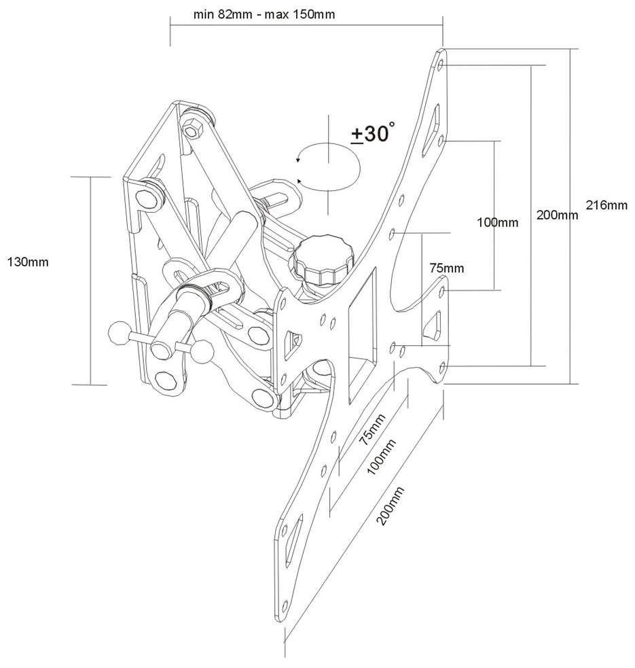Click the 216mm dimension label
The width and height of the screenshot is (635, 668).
click(606, 205)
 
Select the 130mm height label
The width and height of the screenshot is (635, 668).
click(28, 262)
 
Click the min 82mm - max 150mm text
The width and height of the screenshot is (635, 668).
click(264, 14)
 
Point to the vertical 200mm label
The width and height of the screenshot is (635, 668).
click(557, 215)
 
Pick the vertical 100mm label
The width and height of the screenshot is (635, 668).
click(497, 222)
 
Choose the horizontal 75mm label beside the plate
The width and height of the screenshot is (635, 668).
click(447, 268)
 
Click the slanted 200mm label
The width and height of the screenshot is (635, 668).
click(390, 506)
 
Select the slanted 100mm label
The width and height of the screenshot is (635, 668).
click(381, 457)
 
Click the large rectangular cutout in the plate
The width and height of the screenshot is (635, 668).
click(363, 334)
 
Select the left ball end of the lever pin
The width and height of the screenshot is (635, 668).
click(118, 333)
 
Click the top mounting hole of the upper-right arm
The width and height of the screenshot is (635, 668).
click(441, 65)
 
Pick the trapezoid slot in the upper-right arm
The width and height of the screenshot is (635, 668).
click(431, 130)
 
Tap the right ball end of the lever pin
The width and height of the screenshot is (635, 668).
click(202, 351)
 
